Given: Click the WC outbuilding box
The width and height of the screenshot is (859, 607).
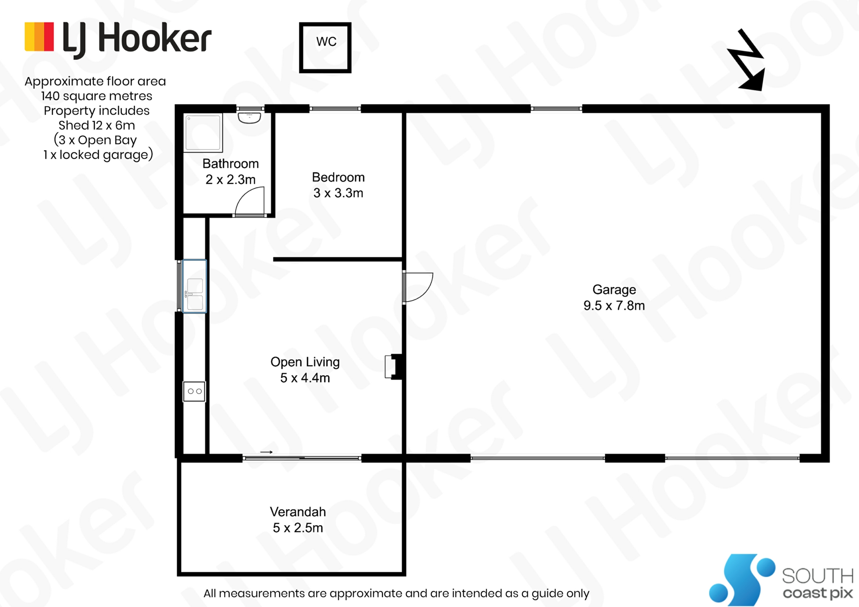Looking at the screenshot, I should pos(325,47).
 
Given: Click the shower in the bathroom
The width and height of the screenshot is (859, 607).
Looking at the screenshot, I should pos(203,132).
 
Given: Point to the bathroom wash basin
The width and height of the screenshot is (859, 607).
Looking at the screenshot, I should pos(249,118).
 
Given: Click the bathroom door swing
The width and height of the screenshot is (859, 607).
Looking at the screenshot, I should pos(250,202).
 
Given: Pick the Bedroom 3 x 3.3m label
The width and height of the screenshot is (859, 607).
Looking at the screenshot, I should pos(338,185).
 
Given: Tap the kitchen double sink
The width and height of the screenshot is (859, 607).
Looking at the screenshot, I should pos(195,294).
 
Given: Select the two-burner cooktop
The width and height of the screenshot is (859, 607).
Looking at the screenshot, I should pos(194,391).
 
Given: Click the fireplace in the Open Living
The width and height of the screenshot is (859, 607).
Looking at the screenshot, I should pos(394,367).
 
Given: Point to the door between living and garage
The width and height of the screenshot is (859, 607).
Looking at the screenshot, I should pos(417,287).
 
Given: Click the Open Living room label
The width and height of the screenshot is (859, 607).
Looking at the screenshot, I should pos(305,370).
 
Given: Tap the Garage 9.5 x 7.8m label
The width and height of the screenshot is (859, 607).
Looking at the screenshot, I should pos(614,297).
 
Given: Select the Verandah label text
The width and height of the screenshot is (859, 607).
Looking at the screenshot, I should pos(298,520).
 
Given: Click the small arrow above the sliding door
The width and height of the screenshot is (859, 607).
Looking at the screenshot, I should pos(267,452).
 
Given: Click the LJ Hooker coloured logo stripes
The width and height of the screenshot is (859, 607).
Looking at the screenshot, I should pos(39,37).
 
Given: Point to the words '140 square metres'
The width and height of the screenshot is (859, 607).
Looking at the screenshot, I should pos(97,96).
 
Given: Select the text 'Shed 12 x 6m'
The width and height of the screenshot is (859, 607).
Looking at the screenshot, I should pos(97,125).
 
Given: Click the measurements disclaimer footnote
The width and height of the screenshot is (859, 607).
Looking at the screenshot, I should pos(396,594).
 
